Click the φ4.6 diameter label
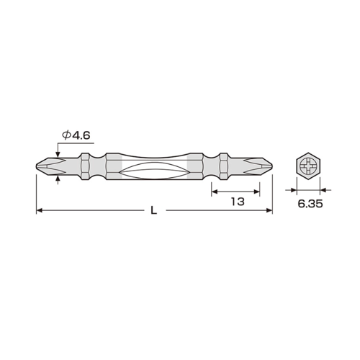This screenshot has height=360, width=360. [76, 135]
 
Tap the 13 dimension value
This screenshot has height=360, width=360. [238, 202]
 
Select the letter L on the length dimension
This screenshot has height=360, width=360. [153, 210]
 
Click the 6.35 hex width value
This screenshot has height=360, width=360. [310, 204]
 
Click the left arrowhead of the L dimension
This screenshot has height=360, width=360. [40, 210]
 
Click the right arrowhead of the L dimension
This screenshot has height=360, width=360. [269, 210]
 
